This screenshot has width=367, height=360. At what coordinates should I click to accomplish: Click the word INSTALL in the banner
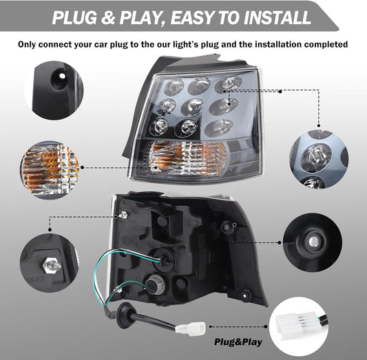pos(277,17)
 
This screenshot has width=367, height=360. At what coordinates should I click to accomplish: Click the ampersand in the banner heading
pos(107,17)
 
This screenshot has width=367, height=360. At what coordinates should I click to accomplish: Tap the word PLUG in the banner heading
pos(74,17)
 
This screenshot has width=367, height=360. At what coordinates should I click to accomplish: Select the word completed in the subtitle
pos(326,44)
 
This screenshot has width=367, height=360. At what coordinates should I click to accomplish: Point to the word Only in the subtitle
pos(27,45)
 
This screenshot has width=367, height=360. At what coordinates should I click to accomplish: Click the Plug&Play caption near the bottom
pos(238,342)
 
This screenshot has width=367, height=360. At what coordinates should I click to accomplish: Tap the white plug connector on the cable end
pos(191,328)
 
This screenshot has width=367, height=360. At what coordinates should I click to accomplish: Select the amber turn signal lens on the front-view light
pos(187,158)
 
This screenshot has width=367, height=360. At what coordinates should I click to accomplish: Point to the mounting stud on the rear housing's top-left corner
pos(123,215)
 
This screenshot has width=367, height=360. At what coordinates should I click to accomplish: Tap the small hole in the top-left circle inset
pos(62,76)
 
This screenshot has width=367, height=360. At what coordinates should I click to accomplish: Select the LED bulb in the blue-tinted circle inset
pos(316,155)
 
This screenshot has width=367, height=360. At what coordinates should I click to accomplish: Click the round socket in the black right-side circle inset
pos(313,242)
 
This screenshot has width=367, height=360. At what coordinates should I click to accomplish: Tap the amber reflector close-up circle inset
pos(50,170)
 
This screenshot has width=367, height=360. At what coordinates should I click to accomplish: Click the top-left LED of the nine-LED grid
pos(174,87)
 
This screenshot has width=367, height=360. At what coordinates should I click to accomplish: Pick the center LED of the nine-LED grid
pos(192,107)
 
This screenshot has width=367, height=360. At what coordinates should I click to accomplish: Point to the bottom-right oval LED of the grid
pos(220,127)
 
